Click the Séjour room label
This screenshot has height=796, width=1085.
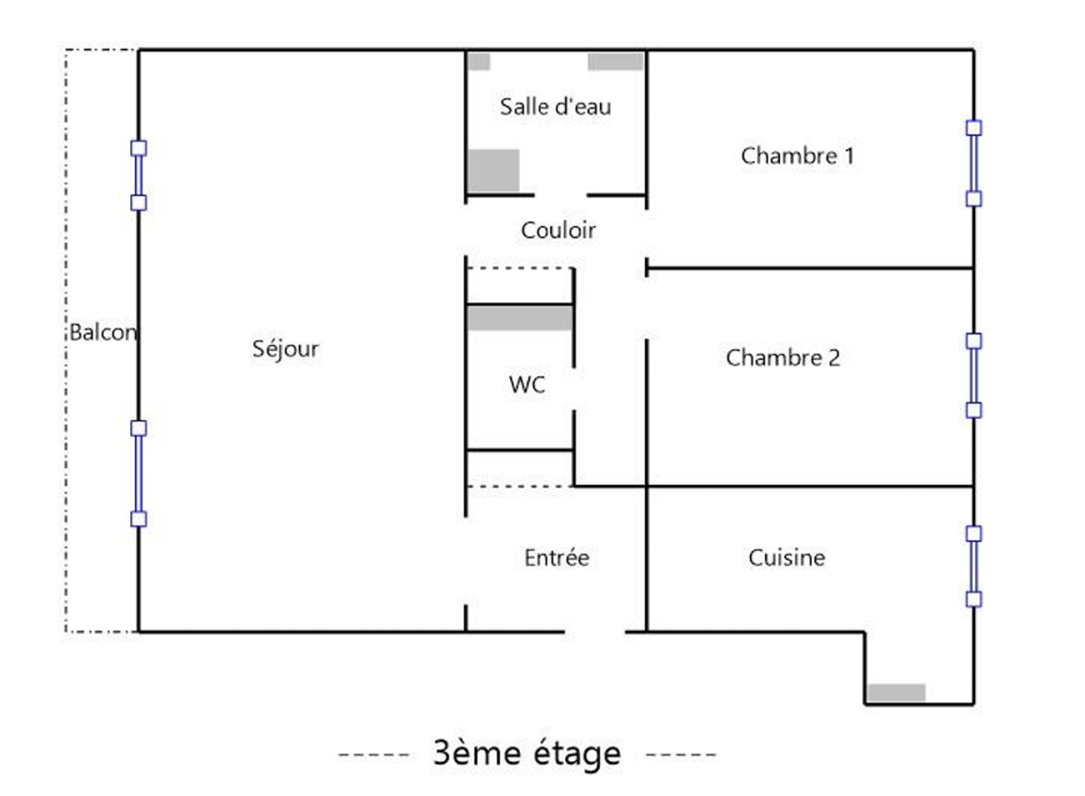click(x=285, y=349)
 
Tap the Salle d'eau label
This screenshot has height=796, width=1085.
click(x=555, y=107)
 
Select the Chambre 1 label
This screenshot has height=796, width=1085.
click(x=797, y=156)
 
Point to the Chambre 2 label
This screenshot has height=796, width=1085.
click(x=783, y=358)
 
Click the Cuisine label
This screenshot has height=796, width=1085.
click(x=787, y=558)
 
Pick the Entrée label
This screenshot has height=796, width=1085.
click(x=557, y=558)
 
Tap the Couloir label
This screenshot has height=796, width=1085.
click(x=558, y=231)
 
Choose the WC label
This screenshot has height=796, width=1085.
click(x=527, y=385)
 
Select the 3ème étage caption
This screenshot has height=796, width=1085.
click(x=527, y=753)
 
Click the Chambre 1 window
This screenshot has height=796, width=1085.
click(x=973, y=164)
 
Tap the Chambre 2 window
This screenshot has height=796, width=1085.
click(x=973, y=375)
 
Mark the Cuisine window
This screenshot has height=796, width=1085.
click(x=973, y=566)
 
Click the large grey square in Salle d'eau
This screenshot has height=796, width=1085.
click(x=494, y=170)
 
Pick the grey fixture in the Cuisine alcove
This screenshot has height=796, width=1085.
click(x=896, y=693)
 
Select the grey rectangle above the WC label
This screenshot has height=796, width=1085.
click(x=519, y=318)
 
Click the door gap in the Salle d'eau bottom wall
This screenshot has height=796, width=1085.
click(x=561, y=195)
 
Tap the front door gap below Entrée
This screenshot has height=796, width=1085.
click(x=595, y=632)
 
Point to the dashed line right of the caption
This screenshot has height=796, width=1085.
click(x=681, y=754)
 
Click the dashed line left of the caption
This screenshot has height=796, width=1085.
click(x=374, y=754)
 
